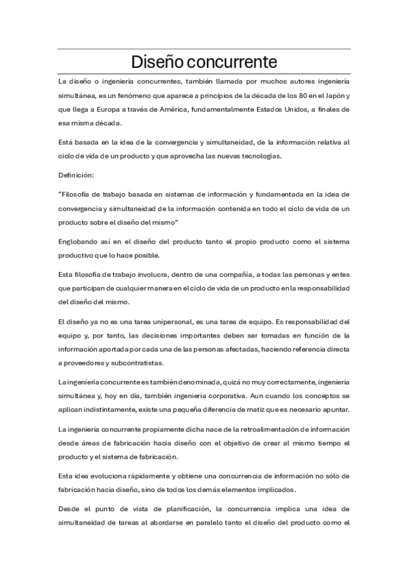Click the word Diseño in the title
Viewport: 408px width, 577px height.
click(161, 62)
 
